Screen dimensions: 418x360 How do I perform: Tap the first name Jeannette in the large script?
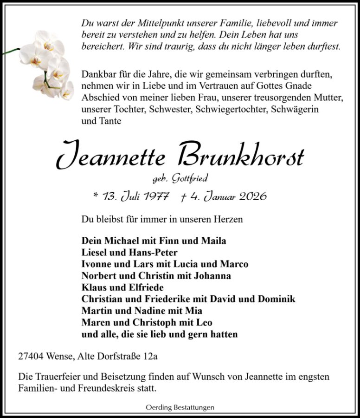tap(111, 157)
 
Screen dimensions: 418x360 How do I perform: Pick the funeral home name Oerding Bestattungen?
tap(180, 407)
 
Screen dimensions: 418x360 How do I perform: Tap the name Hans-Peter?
tap(153, 253)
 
